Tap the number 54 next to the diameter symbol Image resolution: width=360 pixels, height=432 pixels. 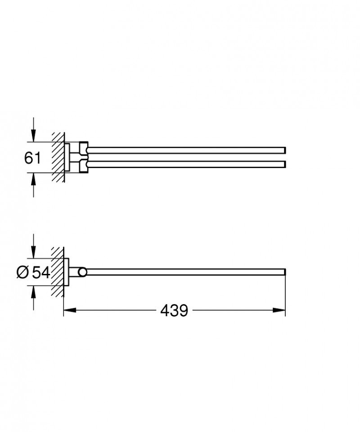point(40,272)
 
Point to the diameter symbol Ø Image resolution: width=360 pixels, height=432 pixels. point(22,272)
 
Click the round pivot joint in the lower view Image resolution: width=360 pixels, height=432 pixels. point(82,272)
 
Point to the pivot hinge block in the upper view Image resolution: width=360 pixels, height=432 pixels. point(84,157)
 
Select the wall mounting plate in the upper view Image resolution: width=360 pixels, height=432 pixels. point(67,157)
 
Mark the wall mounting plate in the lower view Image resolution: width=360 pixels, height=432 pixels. point(67,272)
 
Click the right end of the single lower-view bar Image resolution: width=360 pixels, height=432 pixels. point(283,272)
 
